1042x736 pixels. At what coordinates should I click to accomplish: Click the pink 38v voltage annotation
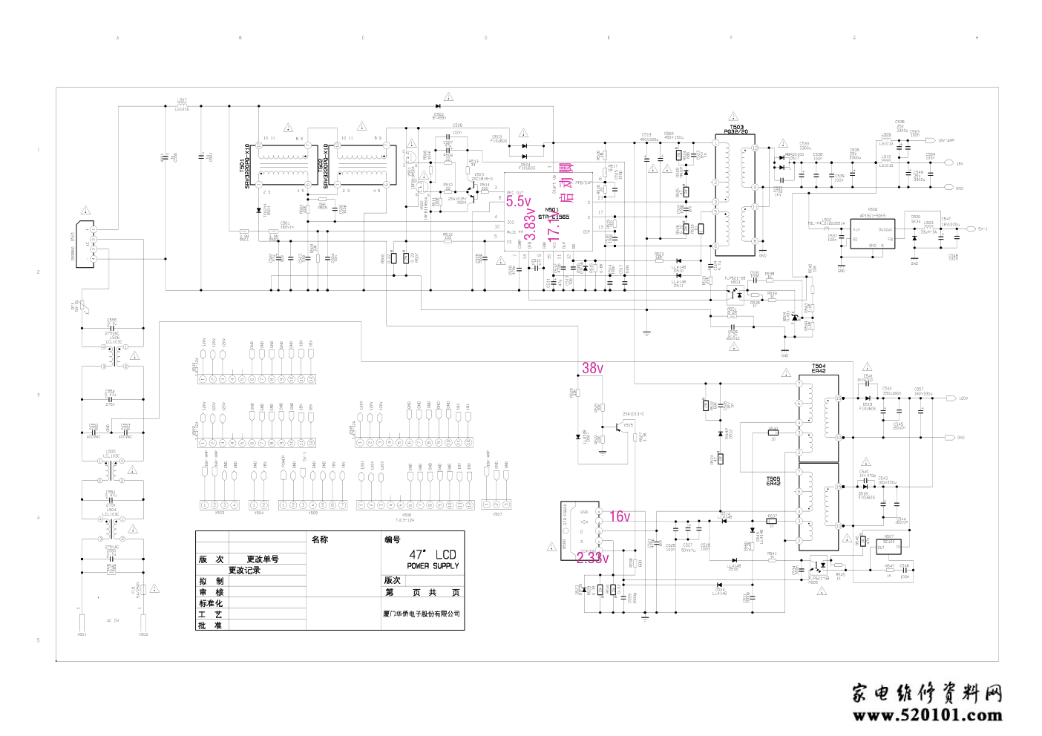[x=592, y=368]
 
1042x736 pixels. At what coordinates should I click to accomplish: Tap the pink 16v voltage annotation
[x=620, y=516]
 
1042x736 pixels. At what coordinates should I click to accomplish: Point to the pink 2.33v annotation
[x=592, y=558]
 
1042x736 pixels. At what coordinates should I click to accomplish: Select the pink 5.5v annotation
[x=519, y=201]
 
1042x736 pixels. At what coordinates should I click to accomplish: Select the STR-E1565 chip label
[x=554, y=217]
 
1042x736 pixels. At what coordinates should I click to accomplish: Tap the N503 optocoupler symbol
[x=735, y=292]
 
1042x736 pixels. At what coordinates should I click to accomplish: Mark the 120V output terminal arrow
[x=951, y=398]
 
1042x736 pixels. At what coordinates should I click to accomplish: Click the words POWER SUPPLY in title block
[x=433, y=566]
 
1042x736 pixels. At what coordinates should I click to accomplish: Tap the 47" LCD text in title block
[x=433, y=554]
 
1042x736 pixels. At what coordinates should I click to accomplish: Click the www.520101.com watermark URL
[x=928, y=716]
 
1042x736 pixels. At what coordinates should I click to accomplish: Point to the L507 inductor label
[x=182, y=100]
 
